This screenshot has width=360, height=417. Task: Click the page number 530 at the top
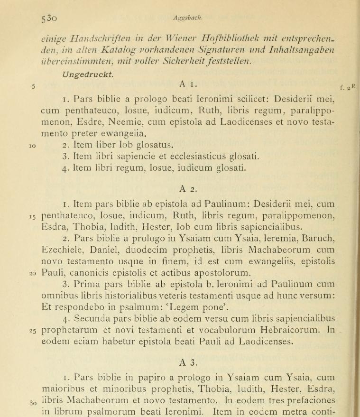(x=49, y=18)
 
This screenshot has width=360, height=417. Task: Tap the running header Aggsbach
(x=185, y=18)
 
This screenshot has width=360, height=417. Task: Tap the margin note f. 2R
(x=348, y=87)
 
